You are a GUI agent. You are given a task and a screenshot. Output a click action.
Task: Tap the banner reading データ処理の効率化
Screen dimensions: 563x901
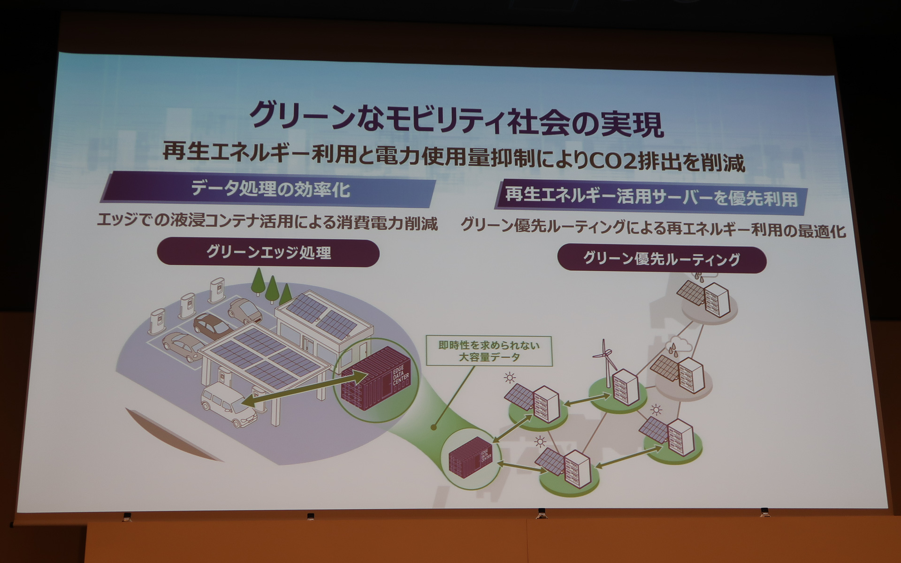tap(270, 190)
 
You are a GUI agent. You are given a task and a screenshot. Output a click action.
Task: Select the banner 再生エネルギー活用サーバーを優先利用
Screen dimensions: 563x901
tap(651, 197)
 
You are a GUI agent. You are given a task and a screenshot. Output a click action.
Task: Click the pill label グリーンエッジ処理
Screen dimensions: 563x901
tap(268, 253)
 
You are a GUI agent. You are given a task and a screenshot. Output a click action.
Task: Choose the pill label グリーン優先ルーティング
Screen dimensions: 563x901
tap(661, 259)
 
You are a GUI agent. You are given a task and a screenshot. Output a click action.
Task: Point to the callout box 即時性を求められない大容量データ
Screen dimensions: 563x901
tap(489, 351)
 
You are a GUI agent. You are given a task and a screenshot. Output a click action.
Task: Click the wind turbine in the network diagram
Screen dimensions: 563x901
tap(606, 361)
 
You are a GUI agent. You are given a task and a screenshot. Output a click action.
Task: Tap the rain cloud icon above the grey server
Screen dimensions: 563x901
tap(677, 345)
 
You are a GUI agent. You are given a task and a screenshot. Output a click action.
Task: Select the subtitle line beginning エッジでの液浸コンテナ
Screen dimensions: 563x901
tap(267, 222)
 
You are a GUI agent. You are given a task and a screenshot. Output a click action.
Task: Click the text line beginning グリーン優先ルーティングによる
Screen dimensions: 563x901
tap(653, 228)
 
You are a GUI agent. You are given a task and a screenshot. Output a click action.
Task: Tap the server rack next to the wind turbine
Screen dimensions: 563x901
tap(626, 387)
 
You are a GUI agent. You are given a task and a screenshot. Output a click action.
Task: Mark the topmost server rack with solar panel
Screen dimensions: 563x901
tap(716, 299)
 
